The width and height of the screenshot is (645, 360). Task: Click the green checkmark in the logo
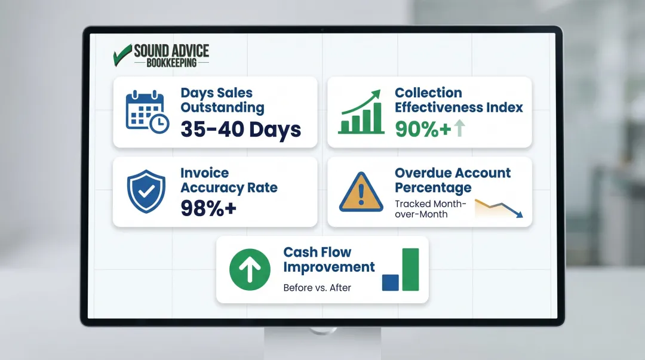coord(122,54)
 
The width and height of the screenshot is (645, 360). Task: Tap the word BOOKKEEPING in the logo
coord(171,62)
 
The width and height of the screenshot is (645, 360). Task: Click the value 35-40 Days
coord(241,129)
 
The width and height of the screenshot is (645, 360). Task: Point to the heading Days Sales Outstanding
coord(222,100)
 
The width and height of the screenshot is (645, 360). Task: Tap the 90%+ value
coord(423,129)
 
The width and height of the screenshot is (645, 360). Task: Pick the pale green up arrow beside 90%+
coord(459,128)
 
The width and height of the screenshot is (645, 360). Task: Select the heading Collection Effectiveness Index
coord(459,100)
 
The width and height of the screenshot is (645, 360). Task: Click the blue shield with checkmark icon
coord(146,192)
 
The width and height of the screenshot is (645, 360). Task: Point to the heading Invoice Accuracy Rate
coord(229,180)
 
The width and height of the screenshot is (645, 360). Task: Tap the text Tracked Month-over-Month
coord(430,209)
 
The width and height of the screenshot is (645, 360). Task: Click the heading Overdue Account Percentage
coord(453,180)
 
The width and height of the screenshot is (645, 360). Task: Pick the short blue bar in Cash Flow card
coord(390,282)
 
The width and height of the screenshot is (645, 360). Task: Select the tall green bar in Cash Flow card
coord(411,269)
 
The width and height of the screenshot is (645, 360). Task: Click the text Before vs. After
coord(317,288)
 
